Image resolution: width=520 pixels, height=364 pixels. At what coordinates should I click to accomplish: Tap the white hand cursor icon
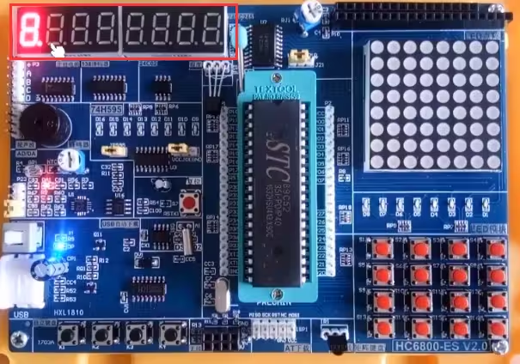[x=57, y=52]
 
